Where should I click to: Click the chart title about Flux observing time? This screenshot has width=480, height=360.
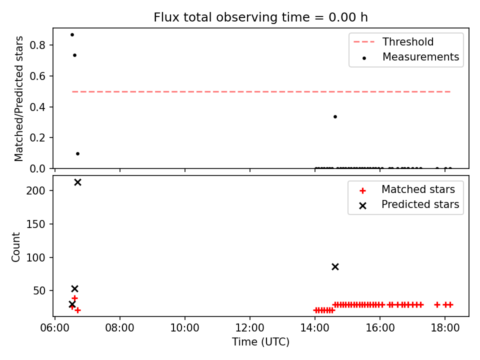tap(260, 17)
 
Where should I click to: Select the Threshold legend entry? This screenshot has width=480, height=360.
tap(393, 41)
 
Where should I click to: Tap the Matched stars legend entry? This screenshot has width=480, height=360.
tap(407, 189)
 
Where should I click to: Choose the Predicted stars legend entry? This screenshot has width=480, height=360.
tap(409, 204)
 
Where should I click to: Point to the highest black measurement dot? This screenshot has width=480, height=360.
tap(72, 35)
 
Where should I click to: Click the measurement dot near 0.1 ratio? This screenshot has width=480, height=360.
tap(78, 153)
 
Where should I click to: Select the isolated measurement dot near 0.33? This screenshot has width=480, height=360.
tap(335, 116)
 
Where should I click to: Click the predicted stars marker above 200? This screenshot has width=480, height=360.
tap(78, 182)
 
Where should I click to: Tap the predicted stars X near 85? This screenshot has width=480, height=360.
tap(335, 267)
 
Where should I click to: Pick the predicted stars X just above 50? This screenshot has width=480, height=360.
tap(74, 288)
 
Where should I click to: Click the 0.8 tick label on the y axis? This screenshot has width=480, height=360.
tap(37, 45)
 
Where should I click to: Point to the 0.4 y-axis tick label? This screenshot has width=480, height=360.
tap(37, 107)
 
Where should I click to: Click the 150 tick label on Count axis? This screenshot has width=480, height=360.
tap(35, 224)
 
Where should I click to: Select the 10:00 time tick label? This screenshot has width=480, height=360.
tap(184, 328)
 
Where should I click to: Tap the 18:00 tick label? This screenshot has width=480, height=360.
tap(445, 328)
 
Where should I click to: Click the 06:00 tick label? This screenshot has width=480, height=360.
tap(55, 328)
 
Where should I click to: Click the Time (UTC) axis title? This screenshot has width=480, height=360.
tap(260, 341)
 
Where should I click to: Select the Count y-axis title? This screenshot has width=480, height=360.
tap(16, 247)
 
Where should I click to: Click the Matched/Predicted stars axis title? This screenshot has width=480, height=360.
tap(18, 98)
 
